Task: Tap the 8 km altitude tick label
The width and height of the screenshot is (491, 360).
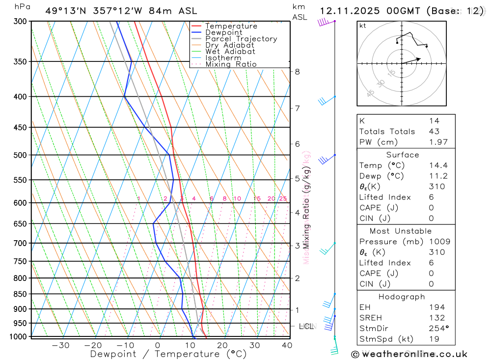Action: pos(297,72)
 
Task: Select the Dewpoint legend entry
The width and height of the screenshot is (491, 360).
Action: pos(223,32)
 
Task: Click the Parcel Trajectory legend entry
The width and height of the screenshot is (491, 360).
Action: pos(241,39)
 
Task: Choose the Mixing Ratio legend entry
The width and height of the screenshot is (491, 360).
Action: pos(231,64)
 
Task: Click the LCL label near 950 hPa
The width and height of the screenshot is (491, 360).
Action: pos(306,326)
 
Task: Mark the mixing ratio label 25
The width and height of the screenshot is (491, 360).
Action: pos(283,198)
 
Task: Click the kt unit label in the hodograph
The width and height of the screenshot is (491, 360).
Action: pos(363,26)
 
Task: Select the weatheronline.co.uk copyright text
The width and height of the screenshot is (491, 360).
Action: pos(409,354)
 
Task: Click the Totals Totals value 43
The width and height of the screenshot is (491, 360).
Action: pos(434,132)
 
